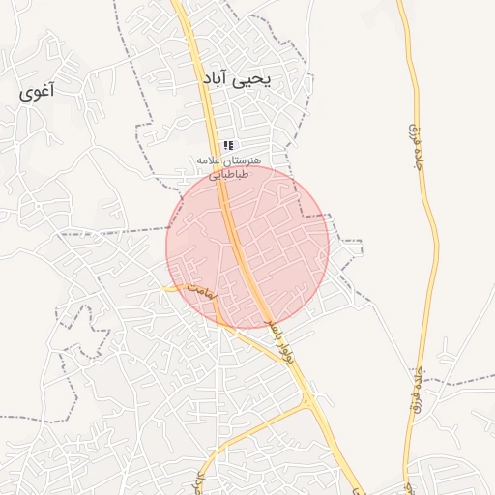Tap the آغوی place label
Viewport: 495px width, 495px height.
point(38,93)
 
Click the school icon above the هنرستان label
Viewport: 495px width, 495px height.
point(228,145)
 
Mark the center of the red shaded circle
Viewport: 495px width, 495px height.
point(247,247)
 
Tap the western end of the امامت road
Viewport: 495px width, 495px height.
point(166,286)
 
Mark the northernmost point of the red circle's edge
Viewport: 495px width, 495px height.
point(247,166)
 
